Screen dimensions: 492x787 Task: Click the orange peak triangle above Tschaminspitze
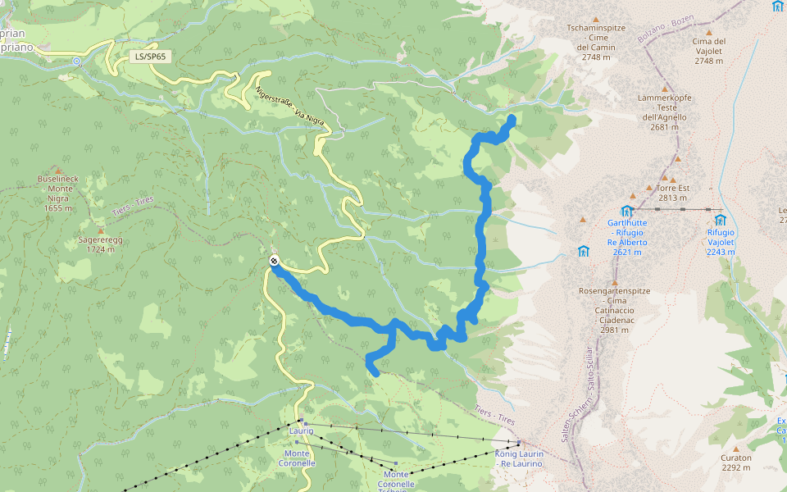pyautogui.click(x=596, y=20)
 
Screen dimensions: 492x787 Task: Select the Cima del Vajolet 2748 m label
pyautogui.click(x=708, y=51)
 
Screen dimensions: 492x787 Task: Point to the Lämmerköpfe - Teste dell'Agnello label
pyautogui.click(x=665, y=112)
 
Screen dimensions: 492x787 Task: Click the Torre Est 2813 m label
pyautogui.click(x=672, y=193)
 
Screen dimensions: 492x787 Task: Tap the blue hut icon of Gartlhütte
pyautogui.click(x=627, y=211)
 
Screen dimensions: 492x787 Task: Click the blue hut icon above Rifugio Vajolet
pyautogui.click(x=720, y=220)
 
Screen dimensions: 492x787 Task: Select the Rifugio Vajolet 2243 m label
pyautogui.click(x=721, y=242)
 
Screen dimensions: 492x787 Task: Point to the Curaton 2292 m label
pyautogui.click(x=736, y=463)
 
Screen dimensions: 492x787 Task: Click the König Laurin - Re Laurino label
pyautogui.click(x=519, y=458)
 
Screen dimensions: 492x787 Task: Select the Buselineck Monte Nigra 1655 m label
pyautogui.click(x=58, y=193)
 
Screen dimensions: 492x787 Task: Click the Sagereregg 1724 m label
pyautogui.click(x=101, y=244)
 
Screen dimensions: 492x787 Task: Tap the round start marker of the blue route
pyautogui.click(x=274, y=262)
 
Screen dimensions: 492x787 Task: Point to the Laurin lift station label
pyautogui.click(x=301, y=430)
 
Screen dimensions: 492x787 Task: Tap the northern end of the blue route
pyautogui.click(x=512, y=120)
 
